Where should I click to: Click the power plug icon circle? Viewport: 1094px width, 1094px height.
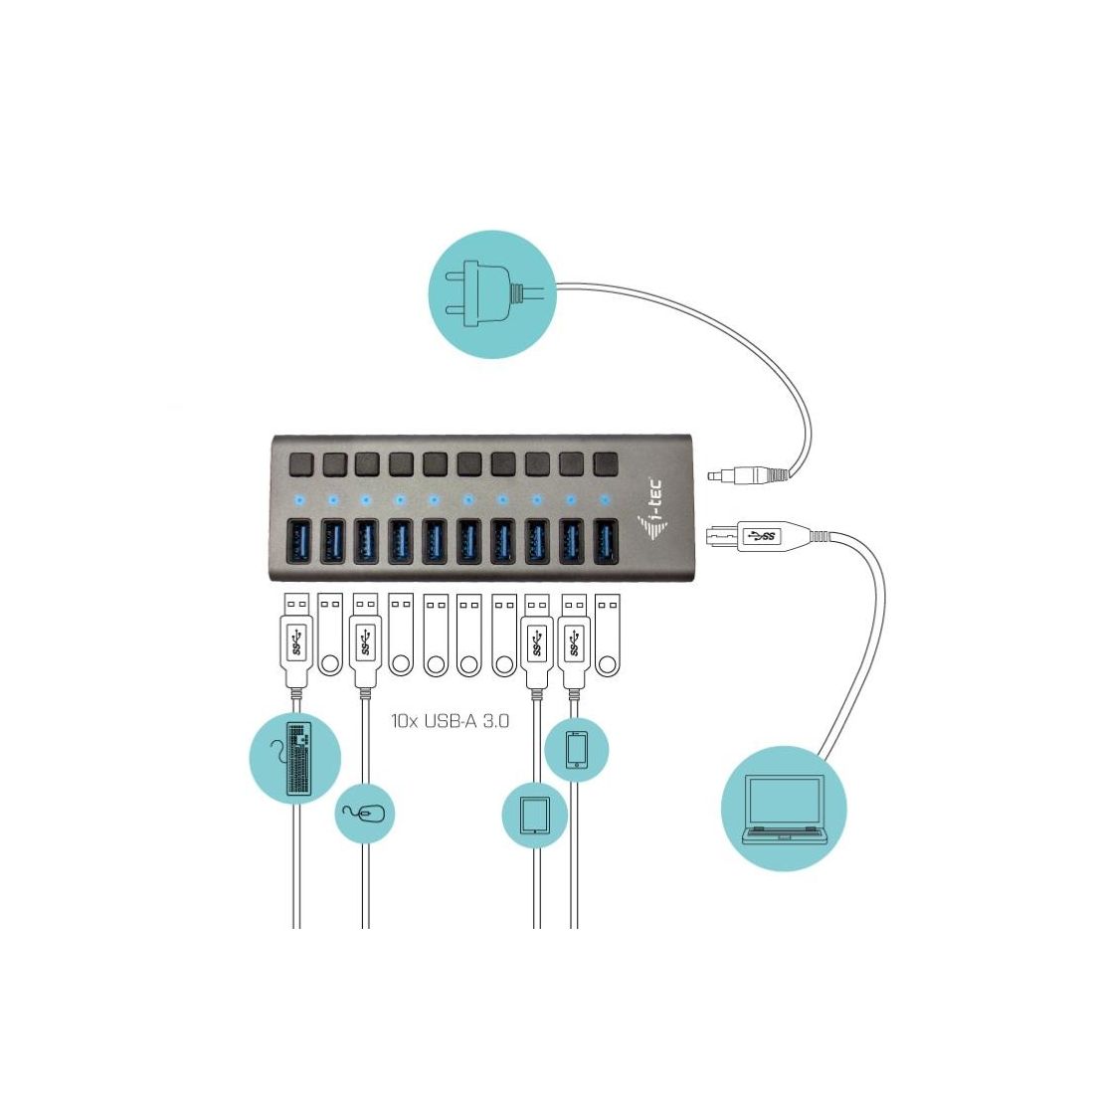click(491, 292)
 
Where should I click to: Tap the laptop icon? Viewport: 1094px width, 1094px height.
click(785, 808)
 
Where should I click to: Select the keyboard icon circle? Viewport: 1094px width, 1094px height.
click(295, 757)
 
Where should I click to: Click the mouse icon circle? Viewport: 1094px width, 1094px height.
click(365, 813)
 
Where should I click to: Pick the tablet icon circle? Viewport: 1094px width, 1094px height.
click(534, 816)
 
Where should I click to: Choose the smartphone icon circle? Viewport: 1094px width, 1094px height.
click(577, 750)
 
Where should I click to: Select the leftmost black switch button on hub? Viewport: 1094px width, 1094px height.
click(299, 463)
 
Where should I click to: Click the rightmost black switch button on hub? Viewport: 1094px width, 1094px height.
click(604, 463)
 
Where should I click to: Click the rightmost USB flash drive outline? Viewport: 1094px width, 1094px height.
click(606, 637)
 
